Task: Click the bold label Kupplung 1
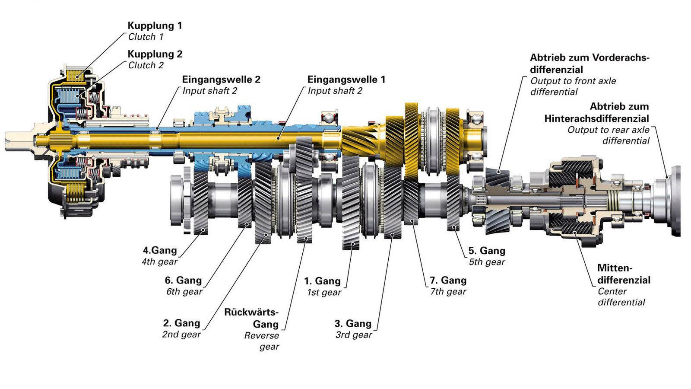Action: (x=155, y=26)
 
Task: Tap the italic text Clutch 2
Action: (x=146, y=65)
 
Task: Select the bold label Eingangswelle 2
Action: (x=221, y=80)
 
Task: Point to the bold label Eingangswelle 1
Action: (x=346, y=80)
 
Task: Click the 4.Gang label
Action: (x=160, y=250)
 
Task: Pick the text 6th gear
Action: (x=184, y=291)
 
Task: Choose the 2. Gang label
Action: (x=181, y=323)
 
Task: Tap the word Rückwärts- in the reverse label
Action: (x=251, y=312)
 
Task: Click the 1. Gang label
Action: (x=322, y=281)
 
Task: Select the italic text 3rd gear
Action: (x=353, y=335)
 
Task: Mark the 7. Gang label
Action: (x=448, y=280)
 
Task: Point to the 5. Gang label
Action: (x=487, y=251)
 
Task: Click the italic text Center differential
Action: (x=621, y=297)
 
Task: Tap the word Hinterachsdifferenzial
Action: (x=596, y=118)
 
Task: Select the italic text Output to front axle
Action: (x=573, y=81)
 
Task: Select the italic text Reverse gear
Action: (x=262, y=341)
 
